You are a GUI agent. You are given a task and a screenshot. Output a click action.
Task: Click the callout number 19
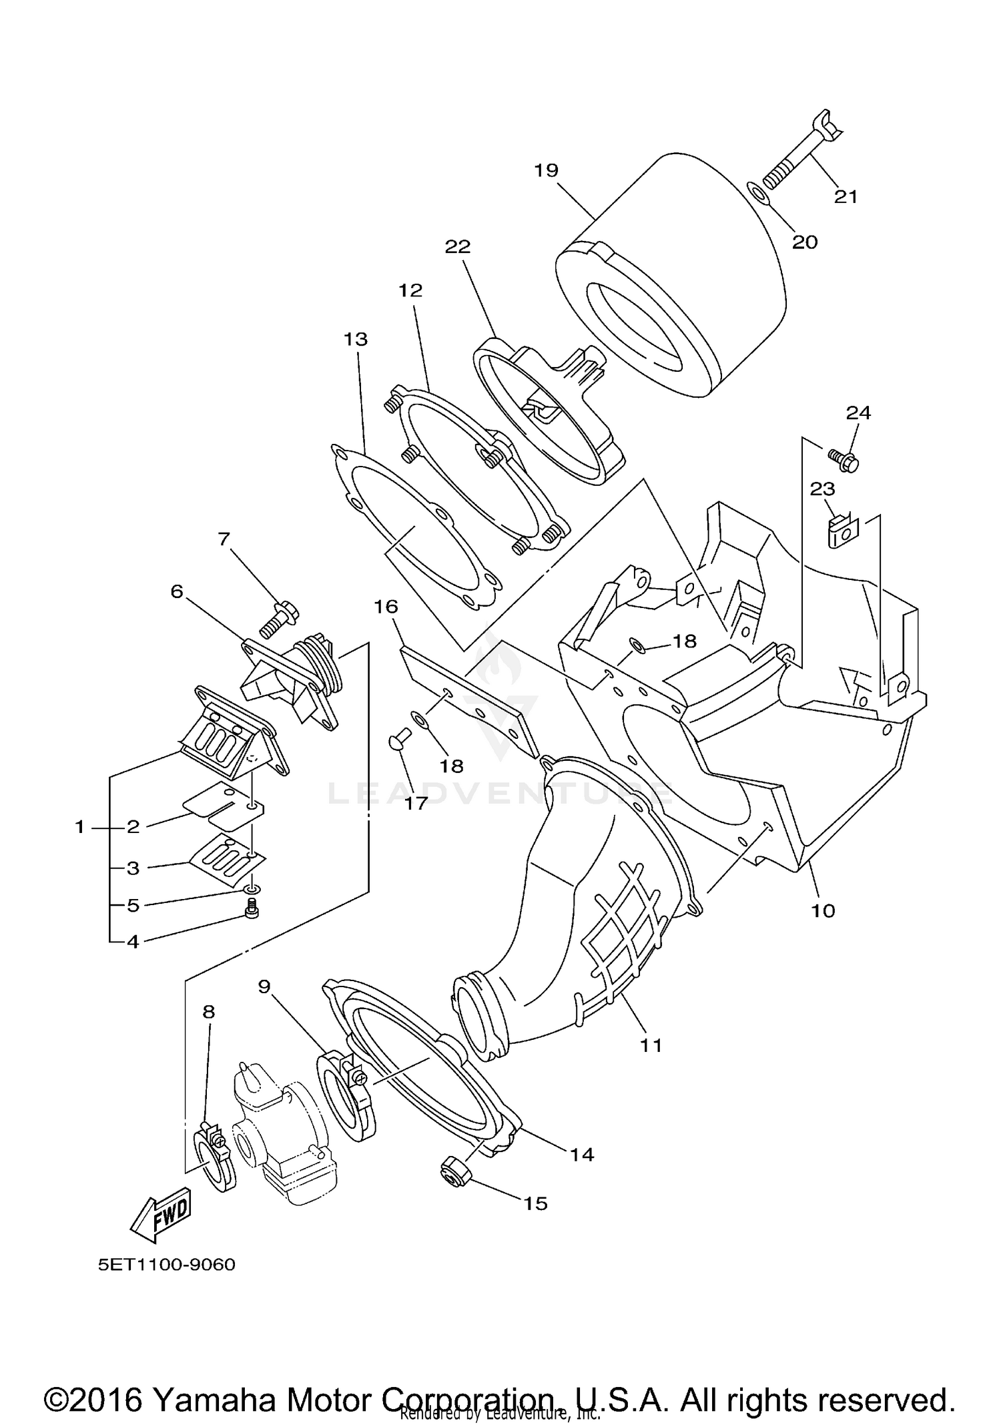point(545,170)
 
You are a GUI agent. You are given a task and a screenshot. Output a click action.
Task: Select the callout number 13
point(356,339)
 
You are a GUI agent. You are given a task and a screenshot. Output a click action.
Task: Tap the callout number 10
point(823,910)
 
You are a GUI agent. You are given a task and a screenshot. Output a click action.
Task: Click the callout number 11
point(651,1045)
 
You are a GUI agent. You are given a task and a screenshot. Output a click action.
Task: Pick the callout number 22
point(458,247)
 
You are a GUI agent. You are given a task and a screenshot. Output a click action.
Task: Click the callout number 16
point(386,607)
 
